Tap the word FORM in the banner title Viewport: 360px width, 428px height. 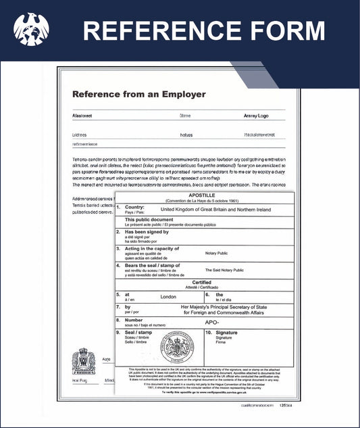coord(286,31)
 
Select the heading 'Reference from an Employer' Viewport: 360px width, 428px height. coord(138,94)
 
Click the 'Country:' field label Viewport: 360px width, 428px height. coord(135,207)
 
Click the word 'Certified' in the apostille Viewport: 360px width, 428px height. coord(202,283)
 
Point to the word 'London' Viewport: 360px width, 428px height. coord(168,297)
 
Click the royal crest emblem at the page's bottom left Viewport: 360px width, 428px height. coord(84,362)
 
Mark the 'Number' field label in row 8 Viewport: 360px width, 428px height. coord(134,320)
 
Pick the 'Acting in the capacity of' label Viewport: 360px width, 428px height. coord(153,249)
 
